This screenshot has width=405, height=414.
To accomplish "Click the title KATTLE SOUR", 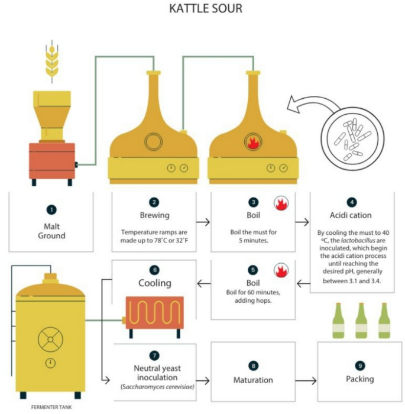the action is [206, 8].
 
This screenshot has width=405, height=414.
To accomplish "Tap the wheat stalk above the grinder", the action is [52, 62].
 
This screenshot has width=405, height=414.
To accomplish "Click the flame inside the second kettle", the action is [253, 142].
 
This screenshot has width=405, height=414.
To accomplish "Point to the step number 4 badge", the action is [352, 202].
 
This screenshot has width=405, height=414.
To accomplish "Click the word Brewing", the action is [155, 215].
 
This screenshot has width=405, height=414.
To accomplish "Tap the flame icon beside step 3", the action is [281, 203].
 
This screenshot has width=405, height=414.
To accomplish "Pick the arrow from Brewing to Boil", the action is [203, 222].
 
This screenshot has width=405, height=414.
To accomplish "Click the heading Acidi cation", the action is [351, 215].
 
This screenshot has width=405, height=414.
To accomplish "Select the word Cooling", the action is [155, 283].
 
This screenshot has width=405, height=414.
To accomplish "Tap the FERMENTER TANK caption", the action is [51, 407].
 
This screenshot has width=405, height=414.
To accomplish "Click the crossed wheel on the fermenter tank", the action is [50, 339].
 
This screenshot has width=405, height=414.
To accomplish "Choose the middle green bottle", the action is [361, 321].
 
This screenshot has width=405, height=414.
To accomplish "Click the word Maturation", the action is [253, 380].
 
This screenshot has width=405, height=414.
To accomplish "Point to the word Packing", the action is [360, 379].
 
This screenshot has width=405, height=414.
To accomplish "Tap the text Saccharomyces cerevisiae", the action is [158, 387].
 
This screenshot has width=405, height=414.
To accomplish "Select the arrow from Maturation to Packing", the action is [306, 381].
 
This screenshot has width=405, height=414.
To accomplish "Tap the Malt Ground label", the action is [52, 231].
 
